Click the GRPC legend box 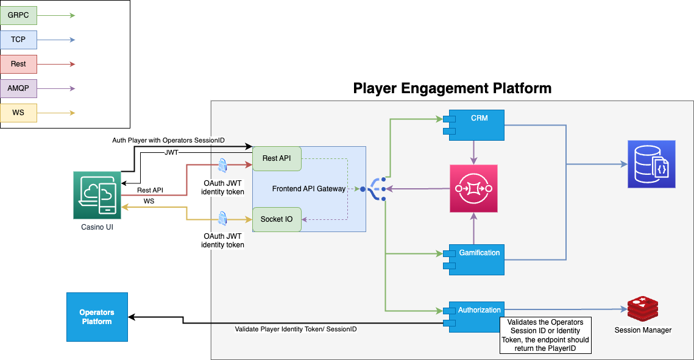[x=18, y=15]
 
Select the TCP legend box [x=18, y=40]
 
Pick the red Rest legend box [x=18, y=64]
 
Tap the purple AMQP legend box [x=18, y=88]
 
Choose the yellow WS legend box [x=18, y=113]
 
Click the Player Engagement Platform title [x=452, y=88]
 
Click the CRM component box [x=476, y=125]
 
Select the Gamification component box [x=476, y=260]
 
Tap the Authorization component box [x=476, y=317]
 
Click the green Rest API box [x=277, y=158]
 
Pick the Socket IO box [x=277, y=219]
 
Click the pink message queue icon [x=473, y=189]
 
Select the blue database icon [x=651, y=164]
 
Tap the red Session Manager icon [x=643, y=309]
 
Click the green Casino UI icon [x=97, y=194]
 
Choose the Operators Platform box [x=97, y=317]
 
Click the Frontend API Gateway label [x=308, y=189]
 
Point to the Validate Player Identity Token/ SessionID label [x=296, y=330]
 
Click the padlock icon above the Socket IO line [x=222, y=217]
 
